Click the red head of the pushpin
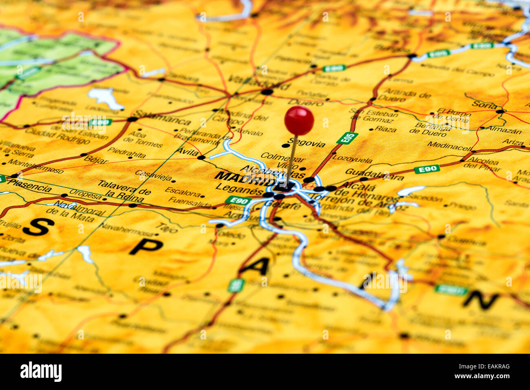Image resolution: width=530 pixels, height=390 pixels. coord(299,120)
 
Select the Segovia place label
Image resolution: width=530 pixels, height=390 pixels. coord(307,143)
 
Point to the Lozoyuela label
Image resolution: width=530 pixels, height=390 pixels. coord(352,159)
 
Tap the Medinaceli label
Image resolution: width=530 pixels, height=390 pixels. coord(449,145)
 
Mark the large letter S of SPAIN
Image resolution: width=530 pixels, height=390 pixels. coord(38,227)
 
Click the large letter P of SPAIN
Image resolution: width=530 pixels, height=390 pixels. coord(146,246)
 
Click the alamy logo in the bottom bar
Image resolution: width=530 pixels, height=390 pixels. coord(41,372)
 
